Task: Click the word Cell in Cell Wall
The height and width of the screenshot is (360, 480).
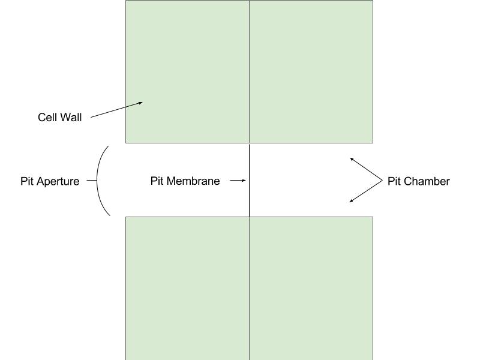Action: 48,118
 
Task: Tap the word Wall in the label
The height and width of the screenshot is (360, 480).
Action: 70,118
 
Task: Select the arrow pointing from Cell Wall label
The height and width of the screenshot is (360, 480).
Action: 116,110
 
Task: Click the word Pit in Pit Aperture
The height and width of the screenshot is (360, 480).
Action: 27,181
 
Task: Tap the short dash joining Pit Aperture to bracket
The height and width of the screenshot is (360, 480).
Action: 91,180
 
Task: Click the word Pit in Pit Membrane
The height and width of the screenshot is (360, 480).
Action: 157,181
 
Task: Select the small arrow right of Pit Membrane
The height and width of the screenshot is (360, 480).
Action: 238,180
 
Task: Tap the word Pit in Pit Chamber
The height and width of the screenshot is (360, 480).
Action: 394,181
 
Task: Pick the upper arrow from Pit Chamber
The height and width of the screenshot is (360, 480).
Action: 366,169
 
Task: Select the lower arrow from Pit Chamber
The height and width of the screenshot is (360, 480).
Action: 366,191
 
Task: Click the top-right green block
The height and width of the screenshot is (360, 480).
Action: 311,71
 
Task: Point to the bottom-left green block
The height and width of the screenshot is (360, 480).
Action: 187,288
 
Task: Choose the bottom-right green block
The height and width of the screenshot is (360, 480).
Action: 311,288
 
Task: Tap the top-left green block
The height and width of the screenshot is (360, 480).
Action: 187,60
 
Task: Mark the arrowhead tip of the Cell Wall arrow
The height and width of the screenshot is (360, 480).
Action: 142,103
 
